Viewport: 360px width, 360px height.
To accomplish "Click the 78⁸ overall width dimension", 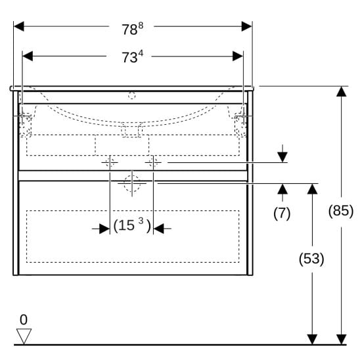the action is (133, 29).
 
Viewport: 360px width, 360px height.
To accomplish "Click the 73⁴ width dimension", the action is (133, 56).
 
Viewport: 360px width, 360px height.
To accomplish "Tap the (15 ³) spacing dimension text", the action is (132, 225).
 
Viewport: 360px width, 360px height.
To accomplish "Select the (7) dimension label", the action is (282, 214).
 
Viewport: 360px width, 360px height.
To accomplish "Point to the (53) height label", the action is (311, 259).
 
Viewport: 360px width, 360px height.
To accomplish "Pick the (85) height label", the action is (341, 210).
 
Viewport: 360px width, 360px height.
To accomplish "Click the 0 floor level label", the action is (24, 319).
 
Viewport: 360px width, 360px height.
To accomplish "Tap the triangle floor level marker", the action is (24, 336).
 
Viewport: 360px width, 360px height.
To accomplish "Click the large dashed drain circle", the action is (132, 184).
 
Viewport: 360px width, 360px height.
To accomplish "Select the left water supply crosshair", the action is (110, 162).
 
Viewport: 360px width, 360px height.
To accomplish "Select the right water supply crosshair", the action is (153, 162).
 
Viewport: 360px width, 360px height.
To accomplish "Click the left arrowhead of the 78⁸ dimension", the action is (19, 26).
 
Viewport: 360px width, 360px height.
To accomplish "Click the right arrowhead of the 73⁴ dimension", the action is (238, 56).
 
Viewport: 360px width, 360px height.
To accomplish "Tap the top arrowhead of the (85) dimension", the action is (342, 91).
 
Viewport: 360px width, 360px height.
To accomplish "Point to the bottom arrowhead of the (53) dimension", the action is (312, 340).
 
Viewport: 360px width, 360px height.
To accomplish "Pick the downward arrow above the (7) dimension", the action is (282, 154).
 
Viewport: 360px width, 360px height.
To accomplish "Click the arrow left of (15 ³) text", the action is (101, 229).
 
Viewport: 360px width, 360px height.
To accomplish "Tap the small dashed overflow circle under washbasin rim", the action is (132, 95).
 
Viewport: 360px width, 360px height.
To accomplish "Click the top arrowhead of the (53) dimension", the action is (312, 189).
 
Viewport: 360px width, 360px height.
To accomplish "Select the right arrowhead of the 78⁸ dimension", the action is (247, 26).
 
